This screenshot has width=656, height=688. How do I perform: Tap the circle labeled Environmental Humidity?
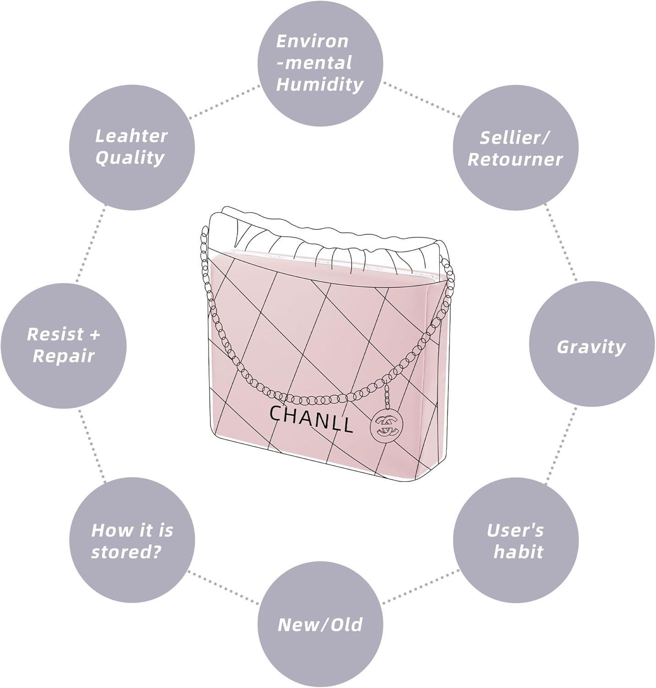[x=320, y=63]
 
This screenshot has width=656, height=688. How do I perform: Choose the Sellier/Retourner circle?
[x=515, y=148]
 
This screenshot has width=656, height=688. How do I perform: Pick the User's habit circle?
[x=515, y=541]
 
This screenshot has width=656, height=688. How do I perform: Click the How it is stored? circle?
[x=132, y=541]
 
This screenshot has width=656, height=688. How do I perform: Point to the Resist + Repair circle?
[x=63, y=345]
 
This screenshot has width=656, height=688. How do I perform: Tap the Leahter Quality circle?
[x=132, y=147]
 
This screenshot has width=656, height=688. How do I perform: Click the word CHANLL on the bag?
[x=311, y=418]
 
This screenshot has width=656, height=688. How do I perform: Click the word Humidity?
[x=320, y=85]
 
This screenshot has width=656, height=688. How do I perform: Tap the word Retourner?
[x=515, y=160]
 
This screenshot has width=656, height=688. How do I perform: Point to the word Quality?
[x=130, y=158]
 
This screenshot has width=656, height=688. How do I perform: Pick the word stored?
[x=127, y=552]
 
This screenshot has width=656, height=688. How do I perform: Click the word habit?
[x=518, y=552]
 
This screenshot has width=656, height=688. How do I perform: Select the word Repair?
[x=63, y=356]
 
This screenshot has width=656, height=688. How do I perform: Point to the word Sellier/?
[x=515, y=137]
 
